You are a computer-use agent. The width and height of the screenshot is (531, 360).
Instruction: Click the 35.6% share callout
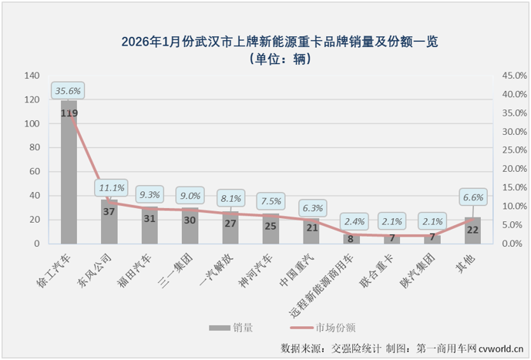pos(68,90)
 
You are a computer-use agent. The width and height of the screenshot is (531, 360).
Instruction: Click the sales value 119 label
pos(69,113)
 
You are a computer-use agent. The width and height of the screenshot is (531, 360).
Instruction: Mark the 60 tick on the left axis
pos(34,171)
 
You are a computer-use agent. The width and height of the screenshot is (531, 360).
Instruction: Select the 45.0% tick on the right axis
pos(515,76)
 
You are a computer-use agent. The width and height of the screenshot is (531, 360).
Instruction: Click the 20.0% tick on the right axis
pos(515,169)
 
